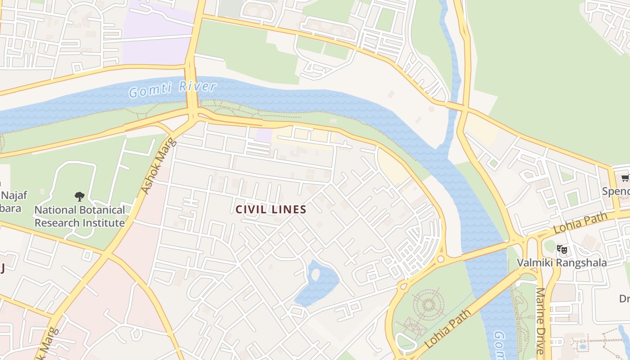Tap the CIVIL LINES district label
(x=271, y=209)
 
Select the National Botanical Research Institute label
(x=80, y=216)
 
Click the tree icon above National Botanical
(x=80, y=196)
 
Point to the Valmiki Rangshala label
(x=562, y=262)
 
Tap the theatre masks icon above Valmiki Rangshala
(x=562, y=249)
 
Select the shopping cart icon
(x=625, y=179)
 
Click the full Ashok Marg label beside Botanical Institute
(x=157, y=166)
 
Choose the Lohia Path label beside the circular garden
(x=448, y=328)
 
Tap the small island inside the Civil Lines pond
(x=315, y=272)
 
